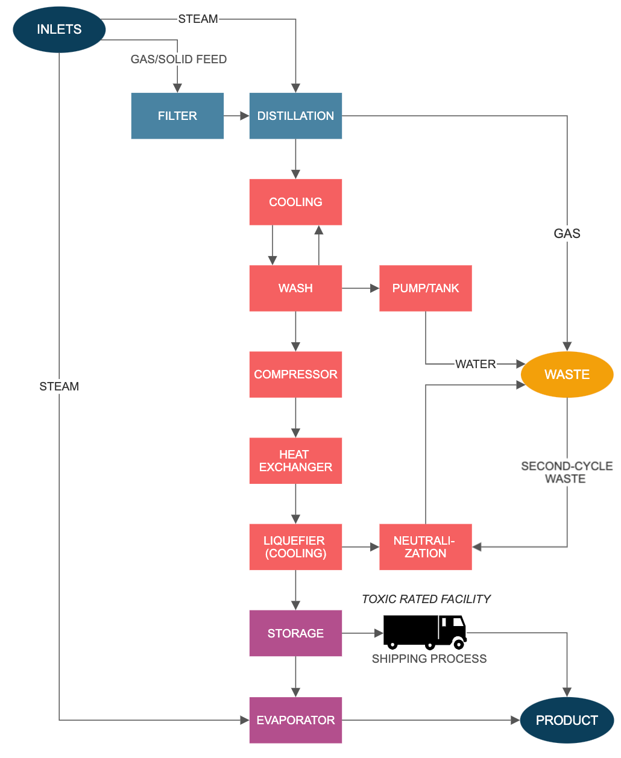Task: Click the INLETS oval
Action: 59,30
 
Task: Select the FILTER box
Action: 177,116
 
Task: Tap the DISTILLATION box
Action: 295,116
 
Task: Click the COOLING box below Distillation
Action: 295,202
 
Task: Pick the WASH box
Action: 295,288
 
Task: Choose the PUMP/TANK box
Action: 425,288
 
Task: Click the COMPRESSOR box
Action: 295,374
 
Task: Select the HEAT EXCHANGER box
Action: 295,460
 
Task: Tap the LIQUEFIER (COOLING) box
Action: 295,547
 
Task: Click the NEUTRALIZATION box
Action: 425,547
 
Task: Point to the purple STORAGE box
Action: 295,633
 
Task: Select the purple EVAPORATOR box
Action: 295,720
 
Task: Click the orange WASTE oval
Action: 567,374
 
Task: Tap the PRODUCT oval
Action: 567,720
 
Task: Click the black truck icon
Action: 424,631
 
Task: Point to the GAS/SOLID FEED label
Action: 178,59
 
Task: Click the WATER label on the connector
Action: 475,364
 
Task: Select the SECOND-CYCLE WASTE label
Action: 566,472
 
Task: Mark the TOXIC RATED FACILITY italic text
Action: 426,599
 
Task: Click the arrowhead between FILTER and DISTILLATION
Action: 244,116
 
